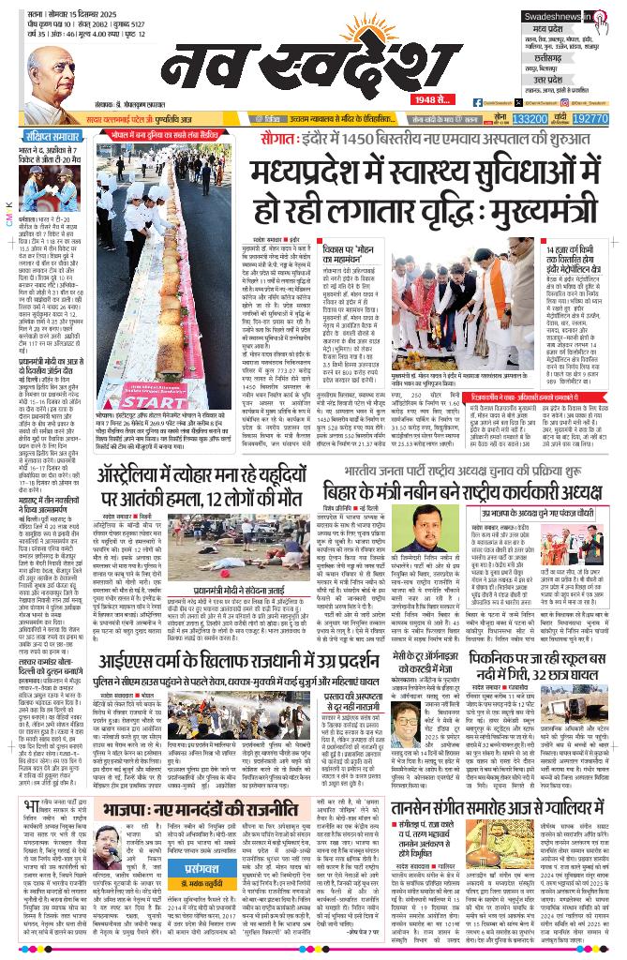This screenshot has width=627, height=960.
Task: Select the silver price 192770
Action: (x=590, y=120)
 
